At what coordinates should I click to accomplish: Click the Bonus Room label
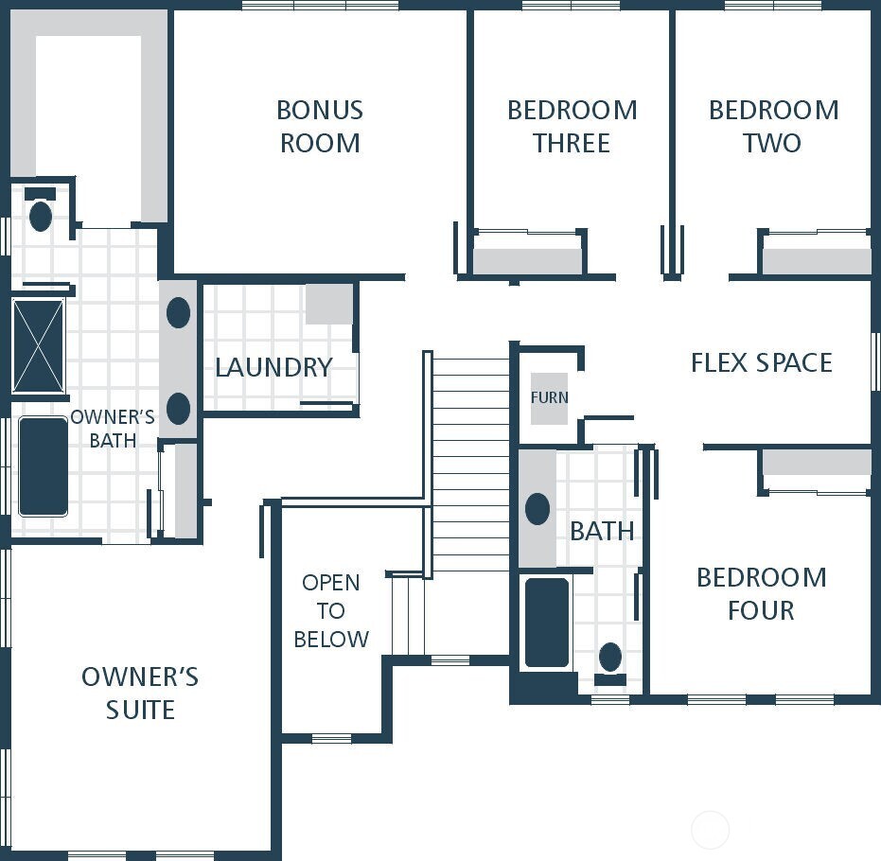click(319, 126)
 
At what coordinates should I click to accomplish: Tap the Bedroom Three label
click(572, 126)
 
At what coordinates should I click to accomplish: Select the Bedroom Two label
click(773, 126)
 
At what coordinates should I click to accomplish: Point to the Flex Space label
click(761, 362)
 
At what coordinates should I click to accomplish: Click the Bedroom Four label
click(761, 593)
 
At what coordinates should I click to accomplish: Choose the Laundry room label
click(273, 367)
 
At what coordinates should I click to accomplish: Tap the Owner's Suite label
click(140, 693)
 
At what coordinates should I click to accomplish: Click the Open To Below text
click(330, 611)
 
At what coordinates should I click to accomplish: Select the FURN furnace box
click(549, 397)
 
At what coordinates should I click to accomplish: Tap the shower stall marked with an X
click(39, 346)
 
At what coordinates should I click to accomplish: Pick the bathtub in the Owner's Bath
click(44, 466)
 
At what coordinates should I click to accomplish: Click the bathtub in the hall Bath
click(547, 623)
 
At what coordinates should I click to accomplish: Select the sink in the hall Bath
click(537, 509)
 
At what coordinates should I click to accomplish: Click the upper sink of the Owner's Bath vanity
click(178, 313)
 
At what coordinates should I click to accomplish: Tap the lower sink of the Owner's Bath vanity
click(178, 409)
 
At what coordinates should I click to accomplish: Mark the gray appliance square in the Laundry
click(328, 304)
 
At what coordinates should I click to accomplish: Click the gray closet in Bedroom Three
click(527, 261)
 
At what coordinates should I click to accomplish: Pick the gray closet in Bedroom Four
click(816, 462)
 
